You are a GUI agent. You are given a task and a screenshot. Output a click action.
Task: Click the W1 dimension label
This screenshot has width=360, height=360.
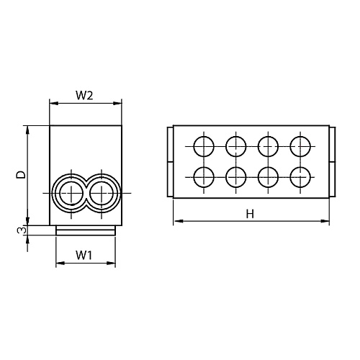[84, 255]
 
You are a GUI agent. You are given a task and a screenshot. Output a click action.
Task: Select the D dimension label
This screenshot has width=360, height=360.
[22, 175]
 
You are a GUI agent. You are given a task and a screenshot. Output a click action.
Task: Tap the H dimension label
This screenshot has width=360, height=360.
[250, 213]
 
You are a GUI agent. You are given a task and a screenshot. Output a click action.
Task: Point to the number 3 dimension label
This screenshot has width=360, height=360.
[22, 230]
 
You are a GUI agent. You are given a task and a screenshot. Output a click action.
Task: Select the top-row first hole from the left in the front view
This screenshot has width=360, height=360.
[204, 146]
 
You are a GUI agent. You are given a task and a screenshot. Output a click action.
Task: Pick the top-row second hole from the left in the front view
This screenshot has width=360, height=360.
[235, 146]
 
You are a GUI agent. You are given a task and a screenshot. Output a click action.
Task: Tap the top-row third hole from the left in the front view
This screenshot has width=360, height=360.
[268, 146]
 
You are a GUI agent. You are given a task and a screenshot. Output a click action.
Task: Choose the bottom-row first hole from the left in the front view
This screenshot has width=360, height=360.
[204, 176]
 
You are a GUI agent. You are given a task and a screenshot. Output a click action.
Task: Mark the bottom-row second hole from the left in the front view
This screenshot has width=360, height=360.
[235, 176]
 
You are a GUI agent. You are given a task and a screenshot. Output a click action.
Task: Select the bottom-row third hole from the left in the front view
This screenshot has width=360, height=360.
[268, 176]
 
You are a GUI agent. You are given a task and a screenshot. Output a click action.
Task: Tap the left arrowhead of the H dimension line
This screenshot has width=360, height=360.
[174, 221]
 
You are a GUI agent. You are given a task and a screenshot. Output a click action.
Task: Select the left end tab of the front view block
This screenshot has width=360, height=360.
[170, 162]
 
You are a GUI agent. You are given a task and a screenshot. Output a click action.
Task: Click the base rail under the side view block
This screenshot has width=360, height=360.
[85, 230]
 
